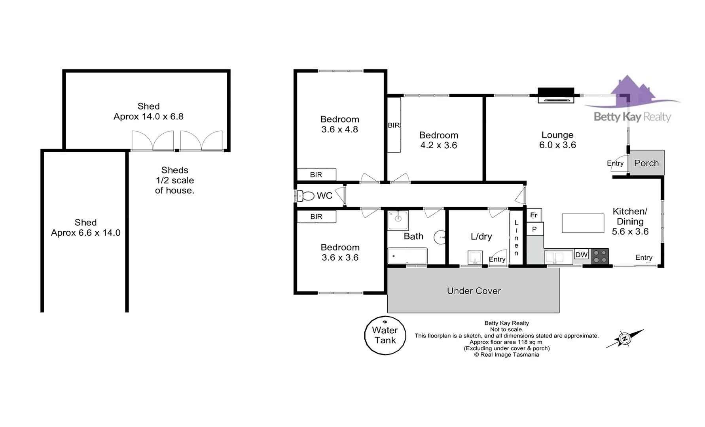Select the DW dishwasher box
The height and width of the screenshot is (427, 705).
(x=582, y=255)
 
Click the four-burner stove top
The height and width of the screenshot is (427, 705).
(x=600, y=256)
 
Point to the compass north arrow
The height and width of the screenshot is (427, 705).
(x=625, y=338)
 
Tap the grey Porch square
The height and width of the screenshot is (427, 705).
(x=646, y=162)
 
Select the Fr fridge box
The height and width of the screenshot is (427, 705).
(x=534, y=215)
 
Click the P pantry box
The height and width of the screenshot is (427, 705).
(x=535, y=229)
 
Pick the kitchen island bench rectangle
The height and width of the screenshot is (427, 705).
(x=583, y=223)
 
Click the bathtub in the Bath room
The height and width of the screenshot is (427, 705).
(x=407, y=256)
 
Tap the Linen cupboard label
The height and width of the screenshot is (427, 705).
(x=516, y=238)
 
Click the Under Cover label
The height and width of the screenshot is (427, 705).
(x=474, y=291)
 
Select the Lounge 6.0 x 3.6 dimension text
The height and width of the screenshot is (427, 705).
(x=557, y=145)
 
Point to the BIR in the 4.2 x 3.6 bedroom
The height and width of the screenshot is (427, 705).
(x=394, y=125)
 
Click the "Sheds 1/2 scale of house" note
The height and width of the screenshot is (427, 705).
(x=174, y=180)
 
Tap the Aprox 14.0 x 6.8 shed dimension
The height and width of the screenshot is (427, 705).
(x=148, y=117)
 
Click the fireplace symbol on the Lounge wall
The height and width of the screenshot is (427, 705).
(x=556, y=95)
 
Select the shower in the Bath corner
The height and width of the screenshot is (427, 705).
(x=398, y=220)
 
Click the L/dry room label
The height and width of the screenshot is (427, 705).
(x=481, y=236)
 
